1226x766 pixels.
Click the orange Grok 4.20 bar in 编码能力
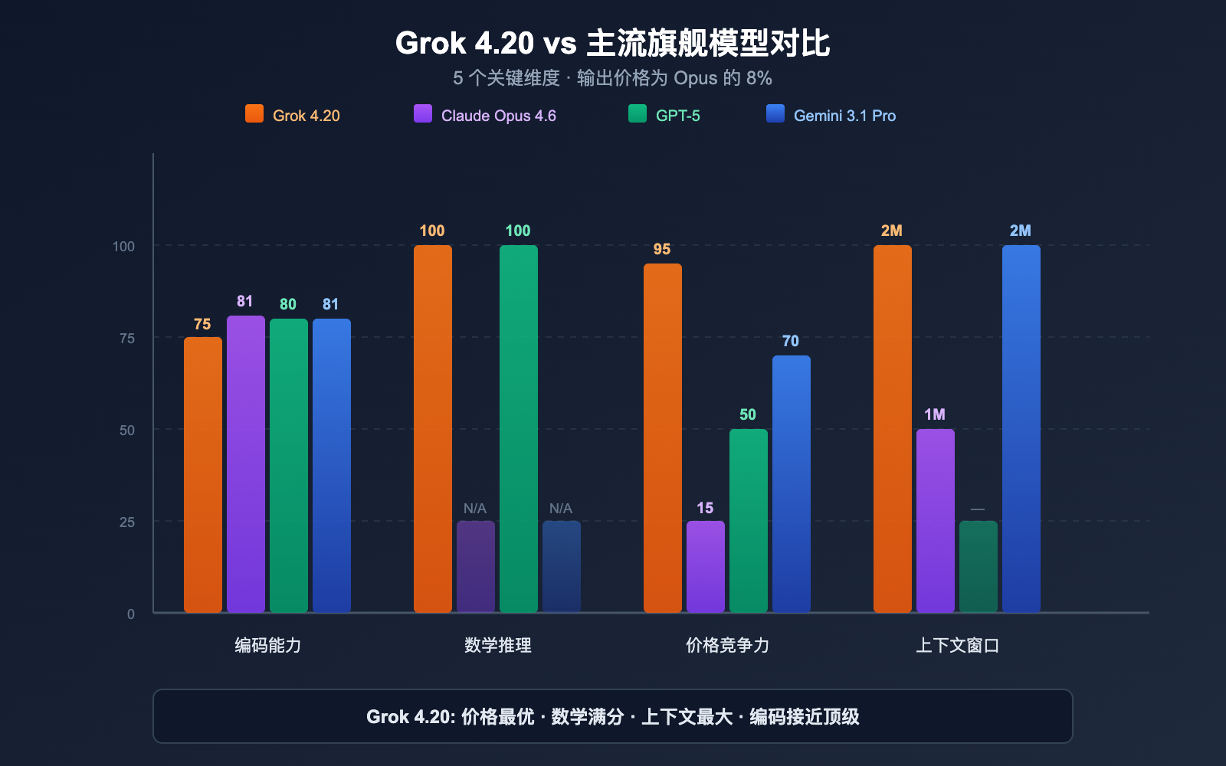[x=203, y=475]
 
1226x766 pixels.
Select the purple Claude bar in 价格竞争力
[x=706, y=567]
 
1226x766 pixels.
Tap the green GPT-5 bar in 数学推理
[x=519, y=429]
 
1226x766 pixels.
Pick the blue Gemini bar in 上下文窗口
[x=1021, y=429]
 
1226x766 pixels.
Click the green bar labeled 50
[x=749, y=521]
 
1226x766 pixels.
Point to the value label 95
[x=662, y=250]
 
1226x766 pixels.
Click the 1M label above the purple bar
[x=935, y=415]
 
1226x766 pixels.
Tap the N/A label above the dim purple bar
[x=475, y=509]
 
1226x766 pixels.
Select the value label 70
[x=791, y=342]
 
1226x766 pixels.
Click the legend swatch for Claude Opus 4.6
[x=423, y=114]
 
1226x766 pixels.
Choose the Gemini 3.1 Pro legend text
[x=844, y=116]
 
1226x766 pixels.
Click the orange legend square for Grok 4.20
[x=254, y=114]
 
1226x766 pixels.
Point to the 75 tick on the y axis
[x=127, y=339]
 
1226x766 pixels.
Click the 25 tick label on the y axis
[x=127, y=522]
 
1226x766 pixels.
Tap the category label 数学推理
[x=498, y=645]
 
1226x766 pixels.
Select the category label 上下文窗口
[x=958, y=645]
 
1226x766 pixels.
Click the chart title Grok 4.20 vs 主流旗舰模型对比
[x=612, y=43]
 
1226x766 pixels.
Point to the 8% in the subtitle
[x=759, y=78]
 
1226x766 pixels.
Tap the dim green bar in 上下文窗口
[x=979, y=567]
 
